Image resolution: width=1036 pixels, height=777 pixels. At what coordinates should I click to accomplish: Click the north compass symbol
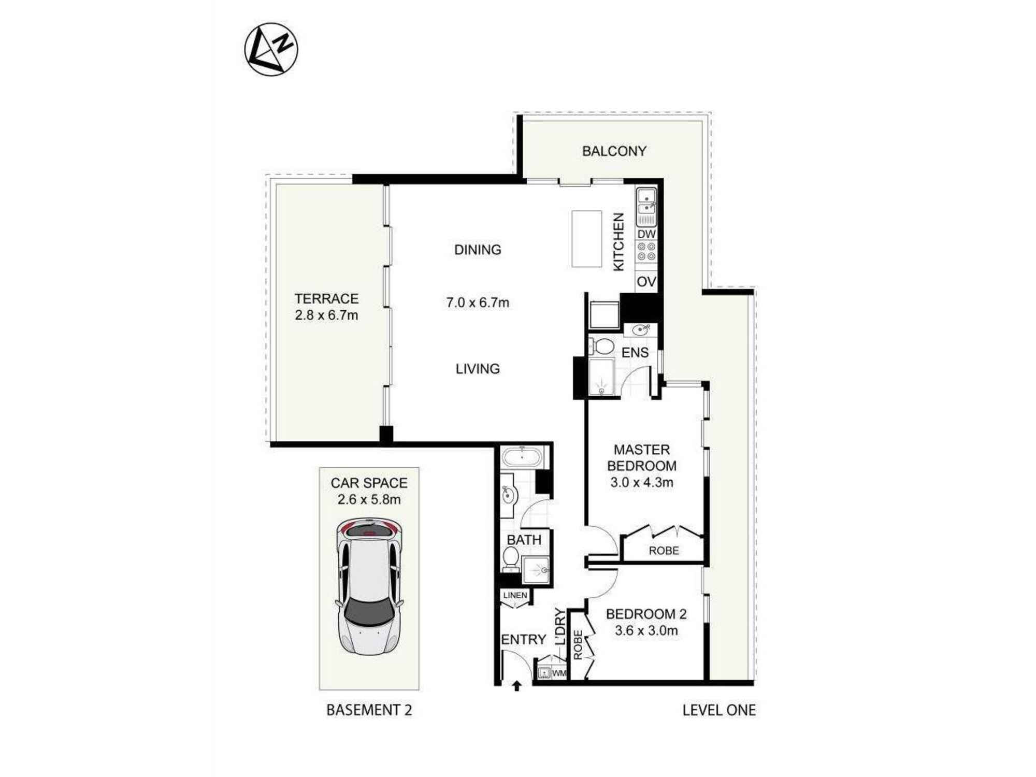tap(271, 50)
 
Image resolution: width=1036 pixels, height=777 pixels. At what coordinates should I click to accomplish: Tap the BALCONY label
tap(614, 151)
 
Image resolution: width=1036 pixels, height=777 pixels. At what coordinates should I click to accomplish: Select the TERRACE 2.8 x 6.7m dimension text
tap(326, 315)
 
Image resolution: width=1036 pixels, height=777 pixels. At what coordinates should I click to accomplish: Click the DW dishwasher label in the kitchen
tap(646, 234)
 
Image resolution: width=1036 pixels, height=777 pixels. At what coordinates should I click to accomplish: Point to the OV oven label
tap(646, 282)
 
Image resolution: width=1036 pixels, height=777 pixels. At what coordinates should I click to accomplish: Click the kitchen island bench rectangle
tap(586, 239)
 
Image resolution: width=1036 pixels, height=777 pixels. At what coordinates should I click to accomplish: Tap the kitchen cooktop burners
tap(646, 252)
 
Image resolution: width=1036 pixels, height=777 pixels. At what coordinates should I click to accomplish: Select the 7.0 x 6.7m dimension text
tap(478, 303)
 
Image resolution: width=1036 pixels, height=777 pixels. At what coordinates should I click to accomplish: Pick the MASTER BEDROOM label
tap(642, 457)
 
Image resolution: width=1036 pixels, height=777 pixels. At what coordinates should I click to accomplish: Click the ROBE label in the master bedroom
tap(664, 551)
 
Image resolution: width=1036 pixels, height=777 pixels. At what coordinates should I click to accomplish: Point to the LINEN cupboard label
tap(515, 595)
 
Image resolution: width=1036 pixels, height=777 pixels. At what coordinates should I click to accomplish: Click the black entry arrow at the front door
tap(516, 686)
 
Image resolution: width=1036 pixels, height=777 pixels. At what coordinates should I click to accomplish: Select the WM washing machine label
tap(559, 673)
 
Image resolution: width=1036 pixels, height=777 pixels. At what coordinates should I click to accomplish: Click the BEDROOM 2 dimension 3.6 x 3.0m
tap(646, 630)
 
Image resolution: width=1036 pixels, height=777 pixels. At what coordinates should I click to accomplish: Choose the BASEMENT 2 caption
tap(369, 710)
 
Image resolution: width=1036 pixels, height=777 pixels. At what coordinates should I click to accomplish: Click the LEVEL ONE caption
tap(718, 710)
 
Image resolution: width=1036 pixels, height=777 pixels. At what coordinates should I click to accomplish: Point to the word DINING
tap(478, 250)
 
